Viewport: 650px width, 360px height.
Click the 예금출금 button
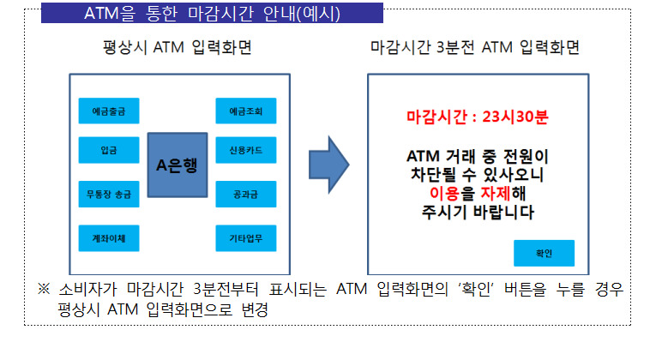109,111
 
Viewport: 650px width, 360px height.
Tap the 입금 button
109,149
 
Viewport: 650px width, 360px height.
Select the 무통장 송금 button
109,194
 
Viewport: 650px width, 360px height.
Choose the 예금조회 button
246,111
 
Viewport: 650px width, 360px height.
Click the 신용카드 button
246,149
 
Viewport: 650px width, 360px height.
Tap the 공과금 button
246,194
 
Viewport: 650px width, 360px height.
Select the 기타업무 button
246,238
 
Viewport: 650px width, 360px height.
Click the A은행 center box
178,165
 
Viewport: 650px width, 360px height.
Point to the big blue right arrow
328,165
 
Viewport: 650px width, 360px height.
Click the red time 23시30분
515,117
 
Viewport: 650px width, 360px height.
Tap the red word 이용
444,193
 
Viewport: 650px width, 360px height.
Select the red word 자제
496,193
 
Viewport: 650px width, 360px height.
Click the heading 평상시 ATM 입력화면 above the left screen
178,47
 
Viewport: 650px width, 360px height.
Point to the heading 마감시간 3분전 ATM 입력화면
475,47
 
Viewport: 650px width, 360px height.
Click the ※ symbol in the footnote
44,289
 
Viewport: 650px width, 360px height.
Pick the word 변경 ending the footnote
255,309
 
